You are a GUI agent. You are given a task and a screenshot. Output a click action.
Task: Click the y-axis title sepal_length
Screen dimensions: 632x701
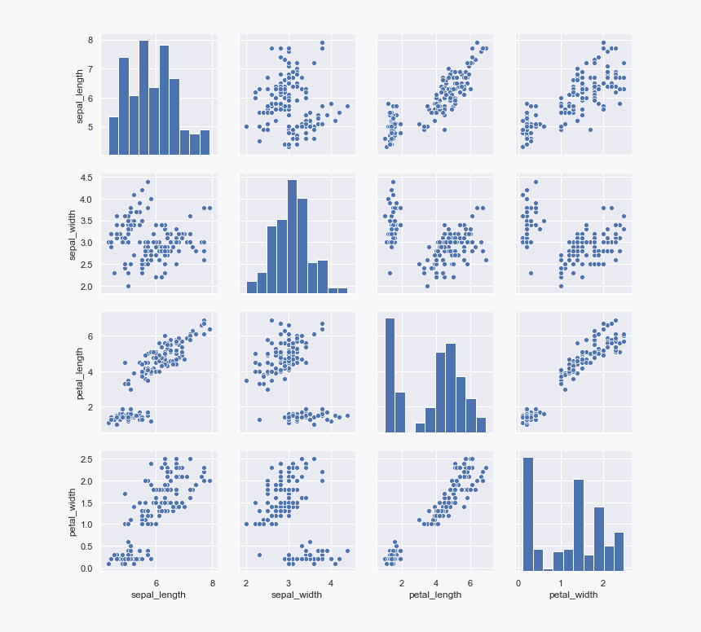click(80, 94)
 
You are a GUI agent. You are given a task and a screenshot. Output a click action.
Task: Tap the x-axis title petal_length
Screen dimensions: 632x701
click(435, 595)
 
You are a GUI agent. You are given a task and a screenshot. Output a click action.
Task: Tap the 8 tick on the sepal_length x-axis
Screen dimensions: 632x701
click(212, 583)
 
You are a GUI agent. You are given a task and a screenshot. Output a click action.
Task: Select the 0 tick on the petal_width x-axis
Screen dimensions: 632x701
click(518, 583)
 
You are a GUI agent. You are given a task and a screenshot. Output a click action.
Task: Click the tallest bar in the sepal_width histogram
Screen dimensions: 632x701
click(292, 236)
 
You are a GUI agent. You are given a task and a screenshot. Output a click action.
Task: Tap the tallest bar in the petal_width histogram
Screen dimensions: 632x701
click(527, 513)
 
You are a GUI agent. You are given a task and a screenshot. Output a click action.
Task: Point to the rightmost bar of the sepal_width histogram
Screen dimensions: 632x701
click(342, 290)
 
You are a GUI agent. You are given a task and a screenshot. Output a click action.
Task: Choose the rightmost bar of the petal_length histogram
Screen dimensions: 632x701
click(481, 424)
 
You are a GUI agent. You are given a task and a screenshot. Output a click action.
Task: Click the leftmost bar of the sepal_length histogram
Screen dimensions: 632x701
click(114, 135)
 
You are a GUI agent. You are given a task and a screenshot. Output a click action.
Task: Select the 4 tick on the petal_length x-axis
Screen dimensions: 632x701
click(435, 583)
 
